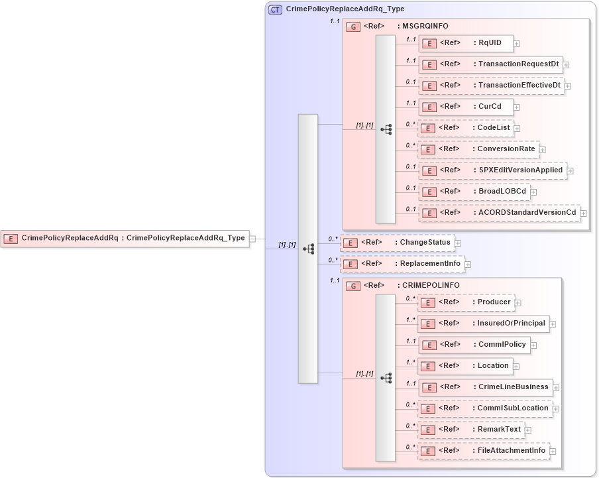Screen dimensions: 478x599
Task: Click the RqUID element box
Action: tap(466, 43)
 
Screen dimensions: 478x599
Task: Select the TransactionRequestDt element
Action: tap(491, 64)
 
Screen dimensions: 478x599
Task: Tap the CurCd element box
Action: tap(466, 107)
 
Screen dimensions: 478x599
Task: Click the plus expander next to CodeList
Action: tap(517, 128)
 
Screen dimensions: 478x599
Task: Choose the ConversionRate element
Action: tap(478, 149)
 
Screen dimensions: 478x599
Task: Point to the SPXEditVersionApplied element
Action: tap(492, 170)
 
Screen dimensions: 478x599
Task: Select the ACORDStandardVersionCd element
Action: tap(499, 213)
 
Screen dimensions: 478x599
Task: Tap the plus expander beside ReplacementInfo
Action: tap(468, 264)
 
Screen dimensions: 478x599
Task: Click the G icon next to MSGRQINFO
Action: tap(354, 27)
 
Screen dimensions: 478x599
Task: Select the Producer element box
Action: tap(466, 302)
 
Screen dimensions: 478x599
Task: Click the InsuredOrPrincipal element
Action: tap(484, 324)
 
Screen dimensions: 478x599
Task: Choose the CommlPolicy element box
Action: tap(474, 345)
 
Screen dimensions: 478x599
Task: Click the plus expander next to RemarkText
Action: tap(528, 430)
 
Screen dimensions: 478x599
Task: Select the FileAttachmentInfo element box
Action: tap(484, 451)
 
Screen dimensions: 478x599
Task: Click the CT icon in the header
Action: tap(274, 9)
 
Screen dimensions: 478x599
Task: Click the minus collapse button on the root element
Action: tap(252, 239)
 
